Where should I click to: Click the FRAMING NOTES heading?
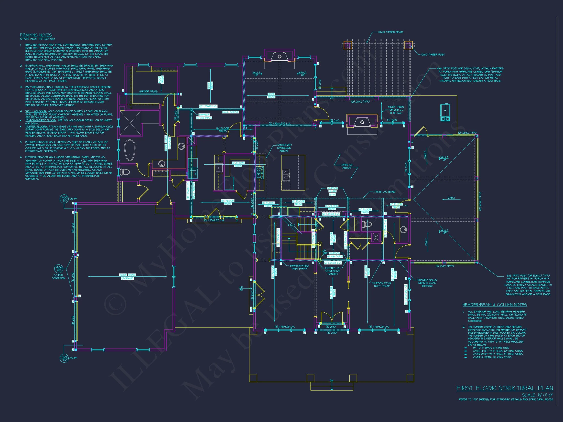[x=36, y=35]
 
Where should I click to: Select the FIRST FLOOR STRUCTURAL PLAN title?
[x=505, y=388]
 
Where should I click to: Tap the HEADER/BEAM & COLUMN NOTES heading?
[x=495, y=305]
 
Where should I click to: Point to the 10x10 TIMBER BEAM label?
[x=391, y=32]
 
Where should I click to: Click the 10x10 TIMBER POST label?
[x=433, y=55]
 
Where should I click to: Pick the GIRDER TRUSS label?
[x=148, y=92]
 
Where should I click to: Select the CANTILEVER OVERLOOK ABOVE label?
[x=284, y=148]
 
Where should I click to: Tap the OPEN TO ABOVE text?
[x=347, y=166]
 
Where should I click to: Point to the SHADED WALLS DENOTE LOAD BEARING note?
[x=427, y=283]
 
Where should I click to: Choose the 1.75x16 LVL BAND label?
[x=384, y=192]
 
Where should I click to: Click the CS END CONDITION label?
[x=59, y=276]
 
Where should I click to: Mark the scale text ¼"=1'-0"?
[x=538, y=395]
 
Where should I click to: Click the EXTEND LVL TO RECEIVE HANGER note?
[x=332, y=271]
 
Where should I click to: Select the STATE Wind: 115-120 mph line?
[x=37, y=39]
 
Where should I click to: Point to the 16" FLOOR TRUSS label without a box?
[x=223, y=130]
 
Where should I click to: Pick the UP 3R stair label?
[x=241, y=289]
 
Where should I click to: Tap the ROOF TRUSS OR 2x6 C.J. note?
[x=396, y=110]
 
